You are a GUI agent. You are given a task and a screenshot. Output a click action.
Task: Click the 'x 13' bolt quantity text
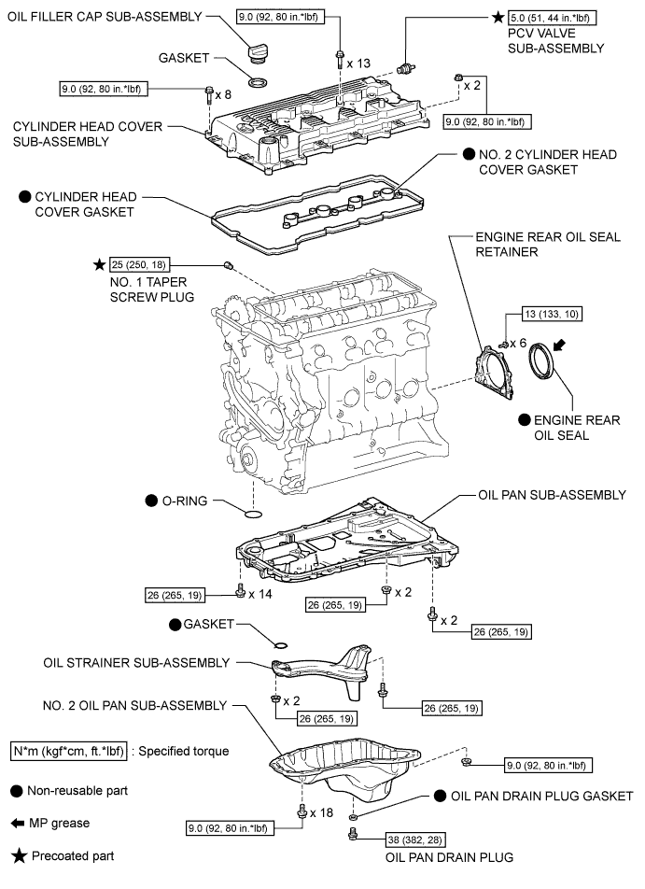[358, 63]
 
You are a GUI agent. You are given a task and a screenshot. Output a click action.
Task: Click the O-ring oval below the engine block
[251, 513]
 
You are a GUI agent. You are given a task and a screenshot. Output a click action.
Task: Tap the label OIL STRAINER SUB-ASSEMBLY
[136, 663]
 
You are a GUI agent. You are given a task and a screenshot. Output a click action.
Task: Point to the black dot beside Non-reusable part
[16, 790]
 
